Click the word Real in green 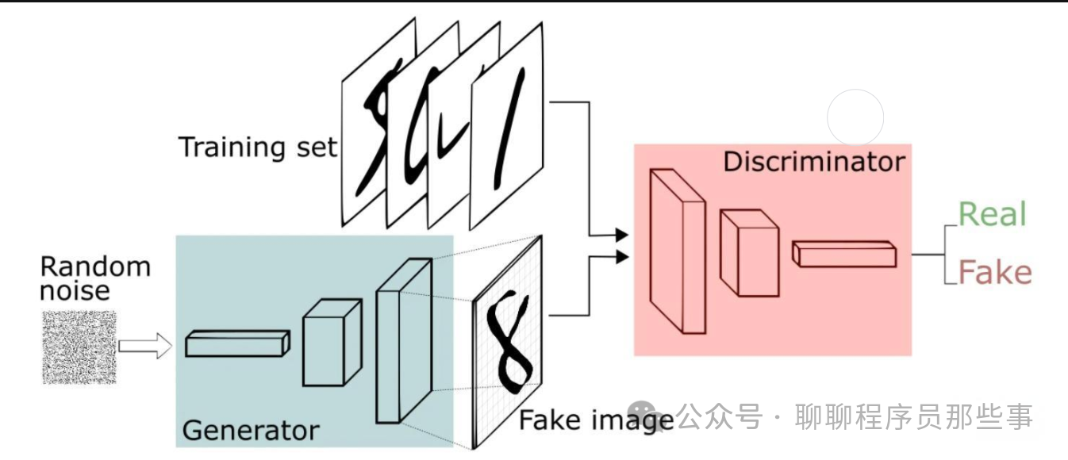pos(992,214)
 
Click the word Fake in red pos(995,273)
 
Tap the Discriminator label pos(813,162)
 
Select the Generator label pos(251,430)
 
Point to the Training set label pos(258,148)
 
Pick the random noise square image pos(79,347)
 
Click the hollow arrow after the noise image pos(144,346)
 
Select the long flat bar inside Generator pos(237,343)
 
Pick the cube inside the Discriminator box pos(747,252)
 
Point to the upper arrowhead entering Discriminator pos(621,234)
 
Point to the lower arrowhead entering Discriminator pos(621,256)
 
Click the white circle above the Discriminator pos(855,118)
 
